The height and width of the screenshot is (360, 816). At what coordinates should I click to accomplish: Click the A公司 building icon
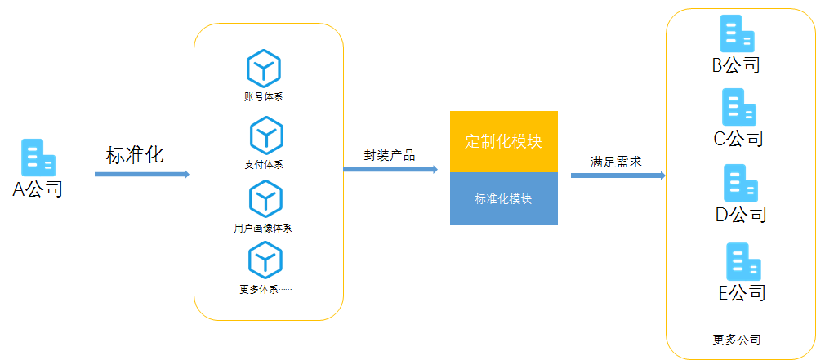pyautogui.click(x=38, y=158)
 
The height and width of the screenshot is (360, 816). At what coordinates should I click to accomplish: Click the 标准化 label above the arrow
pyautogui.click(x=135, y=155)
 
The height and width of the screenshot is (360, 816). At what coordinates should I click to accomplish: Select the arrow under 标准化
pyautogui.click(x=141, y=174)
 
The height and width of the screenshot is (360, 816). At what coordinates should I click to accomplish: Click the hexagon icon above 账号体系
pyautogui.click(x=264, y=68)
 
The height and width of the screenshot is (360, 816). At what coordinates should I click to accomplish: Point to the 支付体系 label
pyautogui.click(x=263, y=164)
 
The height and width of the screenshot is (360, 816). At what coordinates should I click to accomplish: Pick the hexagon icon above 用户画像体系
pyautogui.click(x=264, y=198)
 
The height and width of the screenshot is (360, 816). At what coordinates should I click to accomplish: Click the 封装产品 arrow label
pyautogui.click(x=389, y=155)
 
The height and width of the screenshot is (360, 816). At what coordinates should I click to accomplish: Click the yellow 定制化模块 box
pyautogui.click(x=504, y=141)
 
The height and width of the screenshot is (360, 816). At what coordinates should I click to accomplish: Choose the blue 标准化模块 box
pyautogui.click(x=504, y=198)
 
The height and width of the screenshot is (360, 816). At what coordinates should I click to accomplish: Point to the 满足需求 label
pyautogui.click(x=616, y=162)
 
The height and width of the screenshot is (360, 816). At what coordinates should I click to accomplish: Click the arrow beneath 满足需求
pyautogui.click(x=618, y=176)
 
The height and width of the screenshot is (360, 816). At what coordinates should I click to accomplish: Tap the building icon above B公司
pyautogui.click(x=736, y=34)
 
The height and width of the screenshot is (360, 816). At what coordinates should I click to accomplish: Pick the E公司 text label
pyautogui.click(x=742, y=292)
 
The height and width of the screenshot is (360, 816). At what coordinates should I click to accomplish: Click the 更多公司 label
pyautogui.click(x=744, y=340)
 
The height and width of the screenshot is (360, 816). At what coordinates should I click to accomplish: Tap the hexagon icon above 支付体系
pyautogui.click(x=265, y=134)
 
